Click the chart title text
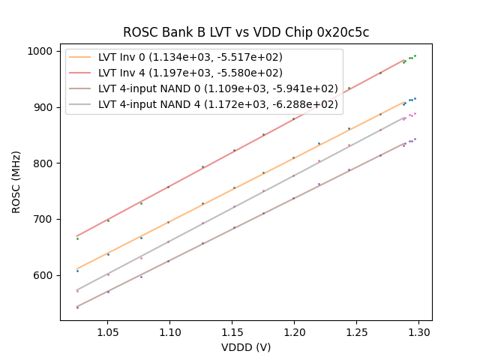[x=246, y=32]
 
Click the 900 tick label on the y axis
[x=43, y=107]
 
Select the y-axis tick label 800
[x=43, y=163]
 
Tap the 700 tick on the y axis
[x=43, y=219]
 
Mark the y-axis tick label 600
[x=43, y=275]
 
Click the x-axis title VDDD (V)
[x=246, y=347]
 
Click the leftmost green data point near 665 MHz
[x=77, y=238]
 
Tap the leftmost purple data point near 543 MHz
[x=77, y=307]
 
